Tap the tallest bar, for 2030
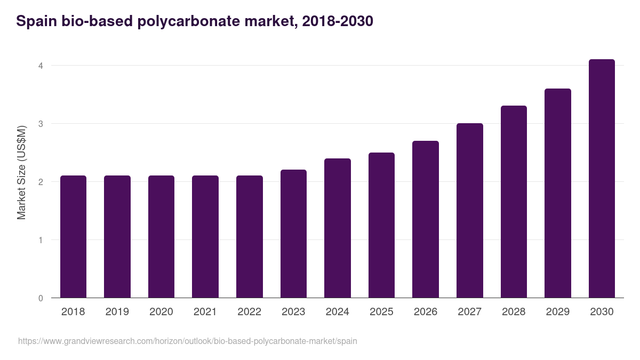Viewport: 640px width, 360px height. (602, 178)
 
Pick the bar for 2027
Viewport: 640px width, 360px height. (469, 210)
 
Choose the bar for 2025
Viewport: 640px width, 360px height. (381, 225)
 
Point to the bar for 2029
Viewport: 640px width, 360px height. (558, 193)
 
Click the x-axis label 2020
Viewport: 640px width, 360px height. (161, 312)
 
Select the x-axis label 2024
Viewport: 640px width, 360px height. (337, 312)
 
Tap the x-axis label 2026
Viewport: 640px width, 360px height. (426, 312)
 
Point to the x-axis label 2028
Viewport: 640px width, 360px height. (514, 312)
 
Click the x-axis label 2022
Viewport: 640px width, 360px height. (249, 312)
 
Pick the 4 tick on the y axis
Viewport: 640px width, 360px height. (40, 66)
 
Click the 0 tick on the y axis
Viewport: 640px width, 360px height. (40, 298)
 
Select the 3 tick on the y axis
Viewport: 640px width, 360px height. (40, 124)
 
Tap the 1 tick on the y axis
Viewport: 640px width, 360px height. (40, 240)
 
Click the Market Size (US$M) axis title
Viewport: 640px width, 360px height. (21, 172)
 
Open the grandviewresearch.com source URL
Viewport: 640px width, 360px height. (187, 341)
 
